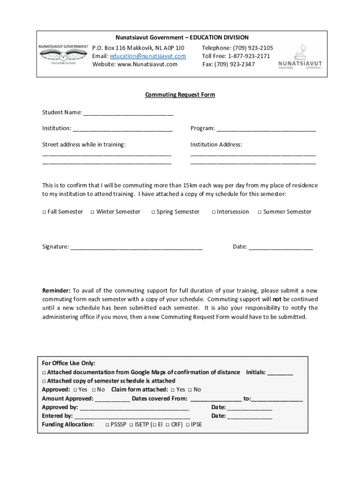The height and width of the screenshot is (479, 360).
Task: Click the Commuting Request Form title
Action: tap(180, 94)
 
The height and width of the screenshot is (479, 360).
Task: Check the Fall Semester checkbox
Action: tap(44, 212)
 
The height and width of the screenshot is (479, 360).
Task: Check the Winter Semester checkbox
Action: tap(93, 212)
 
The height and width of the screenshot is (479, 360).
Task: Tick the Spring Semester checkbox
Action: tap(153, 212)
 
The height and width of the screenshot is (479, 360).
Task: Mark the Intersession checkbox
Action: tap(213, 212)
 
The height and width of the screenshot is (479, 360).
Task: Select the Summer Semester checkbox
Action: tap(259, 212)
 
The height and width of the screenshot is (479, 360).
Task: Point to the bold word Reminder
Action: tap(56, 290)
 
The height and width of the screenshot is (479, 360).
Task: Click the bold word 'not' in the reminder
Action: tap(277, 299)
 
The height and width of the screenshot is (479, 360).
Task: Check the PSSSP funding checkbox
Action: tap(108, 425)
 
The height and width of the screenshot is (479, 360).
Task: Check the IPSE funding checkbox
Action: tap(187, 425)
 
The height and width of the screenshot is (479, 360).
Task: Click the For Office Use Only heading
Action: tap(69, 363)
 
